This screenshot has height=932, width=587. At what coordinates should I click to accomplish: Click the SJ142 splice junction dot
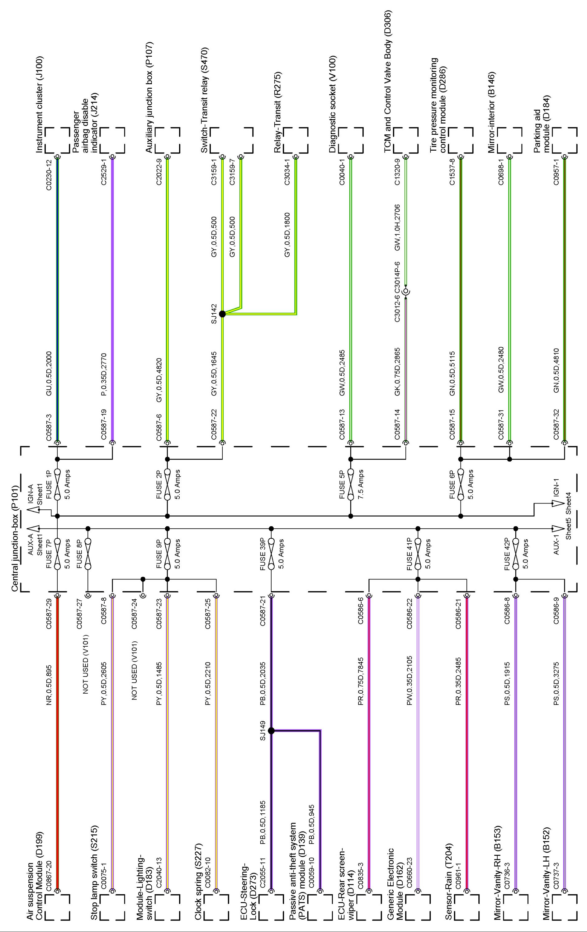tap(222, 314)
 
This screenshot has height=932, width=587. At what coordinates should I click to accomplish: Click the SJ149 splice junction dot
tap(271, 731)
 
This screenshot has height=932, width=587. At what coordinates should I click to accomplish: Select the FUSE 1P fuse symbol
tap(57, 485)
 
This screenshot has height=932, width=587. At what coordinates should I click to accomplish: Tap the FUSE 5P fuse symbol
tap(351, 485)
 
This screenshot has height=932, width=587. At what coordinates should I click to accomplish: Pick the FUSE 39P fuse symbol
tap(271, 554)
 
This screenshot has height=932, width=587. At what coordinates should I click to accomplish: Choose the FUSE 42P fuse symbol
tap(516, 554)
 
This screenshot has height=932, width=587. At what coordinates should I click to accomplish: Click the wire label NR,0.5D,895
tap(49, 686)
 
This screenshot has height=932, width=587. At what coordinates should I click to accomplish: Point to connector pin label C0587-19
tap(104, 424)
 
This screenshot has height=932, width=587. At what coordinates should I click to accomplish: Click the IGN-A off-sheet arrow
tap(34, 509)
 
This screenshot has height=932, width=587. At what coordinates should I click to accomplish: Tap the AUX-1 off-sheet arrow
tap(558, 528)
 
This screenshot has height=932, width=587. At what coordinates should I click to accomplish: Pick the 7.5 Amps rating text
tap(361, 485)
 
